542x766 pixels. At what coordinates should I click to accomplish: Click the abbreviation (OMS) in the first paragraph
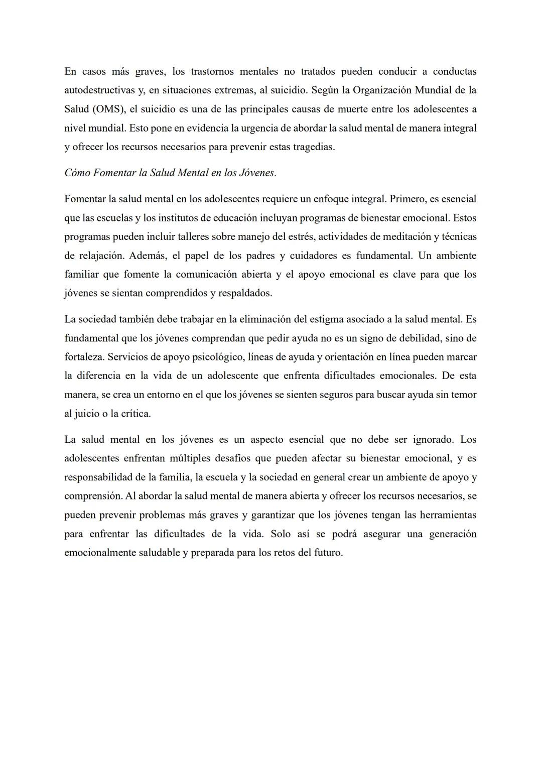(106, 109)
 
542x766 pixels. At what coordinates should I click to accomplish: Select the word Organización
(383, 90)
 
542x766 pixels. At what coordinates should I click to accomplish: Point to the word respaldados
(245, 293)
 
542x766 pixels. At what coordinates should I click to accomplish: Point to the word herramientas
(448, 515)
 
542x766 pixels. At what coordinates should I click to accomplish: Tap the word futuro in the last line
(328, 553)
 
